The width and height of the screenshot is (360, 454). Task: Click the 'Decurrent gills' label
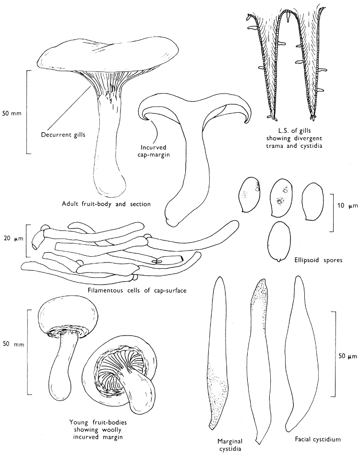pyautogui.click(x=63, y=134)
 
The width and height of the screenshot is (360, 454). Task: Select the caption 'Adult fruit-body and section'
pyautogui.click(x=107, y=203)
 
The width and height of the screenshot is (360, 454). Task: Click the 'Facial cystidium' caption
pyautogui.click(x=318, y=439)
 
